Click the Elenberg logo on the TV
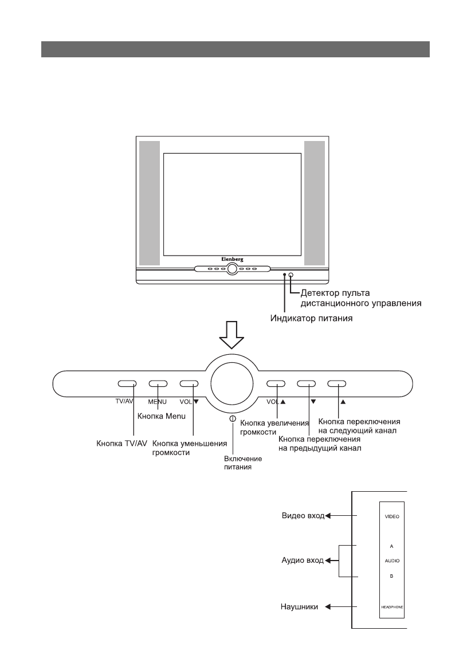point(232,260)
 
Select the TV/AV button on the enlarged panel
point(127,384)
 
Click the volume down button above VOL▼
point(189,384)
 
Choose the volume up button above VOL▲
point(276,384)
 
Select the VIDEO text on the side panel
point(391,516)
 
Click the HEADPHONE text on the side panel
point(391,606)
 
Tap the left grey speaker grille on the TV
point(148,203)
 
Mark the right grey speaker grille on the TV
point(315,203)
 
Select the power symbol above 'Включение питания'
point(232,419)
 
